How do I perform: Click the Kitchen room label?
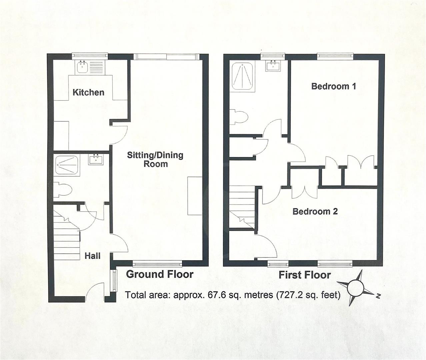[x=88, y=92]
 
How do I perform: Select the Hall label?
[x=92, y=256]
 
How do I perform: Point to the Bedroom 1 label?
[x=333, y=86]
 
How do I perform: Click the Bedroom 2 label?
[x=315, y=211]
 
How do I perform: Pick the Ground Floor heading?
[x=159, y=274]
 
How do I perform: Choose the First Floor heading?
[x=305, y=275]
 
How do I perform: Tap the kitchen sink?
[x=82, y=67]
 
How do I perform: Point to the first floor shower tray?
[x=242, y=78]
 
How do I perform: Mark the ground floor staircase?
[x=67, y=233]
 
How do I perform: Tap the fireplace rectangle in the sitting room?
[x=195, y=196]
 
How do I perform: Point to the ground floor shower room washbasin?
[x=96, y=159]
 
